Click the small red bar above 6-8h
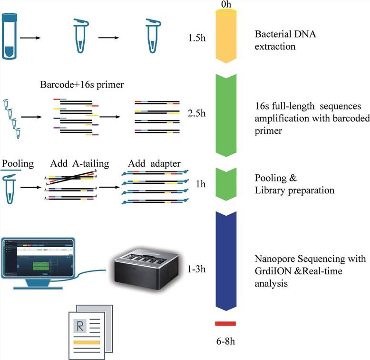pyautogui.click(x=225, y=324)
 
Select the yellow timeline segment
pyautogui.click(x=230, y=38)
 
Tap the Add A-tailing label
pyautogui.click(x=80, y=164)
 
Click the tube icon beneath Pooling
pyautogui.click(x=10, y=188)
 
